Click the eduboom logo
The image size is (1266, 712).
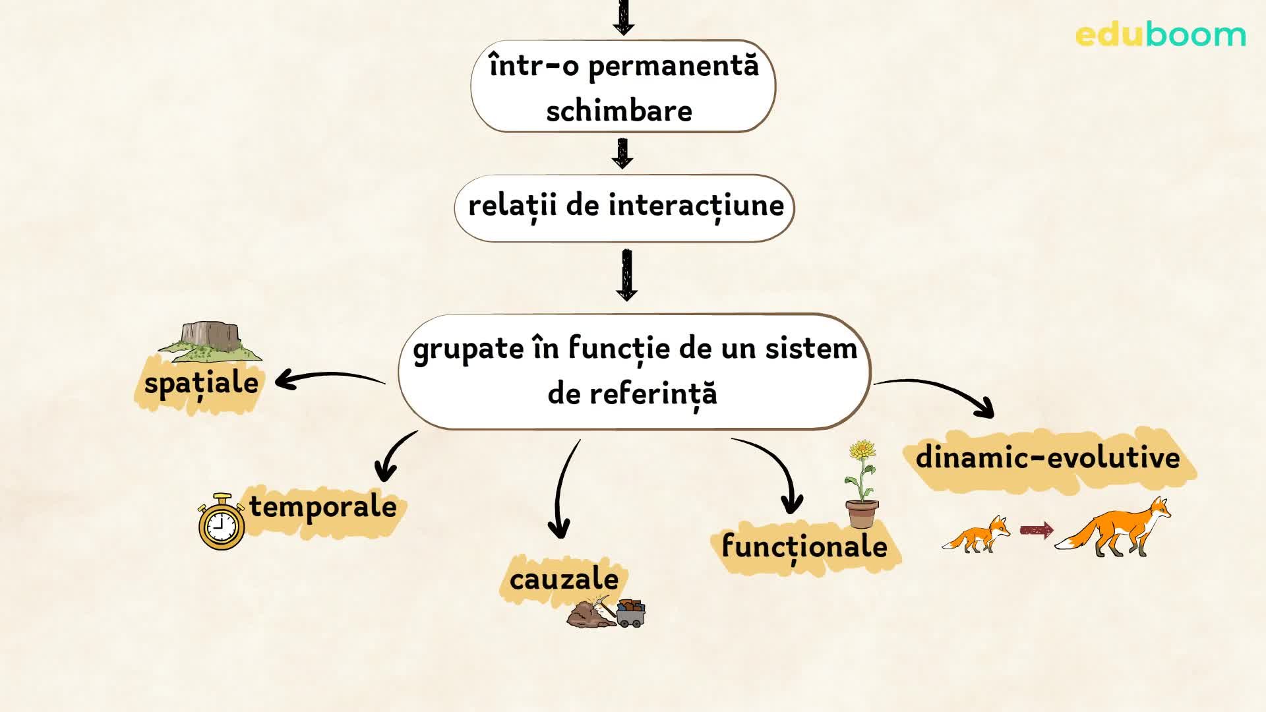pyautogui.click(x=1160, y=34)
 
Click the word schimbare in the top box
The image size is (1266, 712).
pyautogui.click(x=619, y=111)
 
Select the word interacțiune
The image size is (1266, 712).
pyautogui.click(x=696, y=206)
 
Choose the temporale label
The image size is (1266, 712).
pyautogui.click(x=323, y=507)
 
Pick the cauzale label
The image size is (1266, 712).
pyautogui.click(x=564, y=579)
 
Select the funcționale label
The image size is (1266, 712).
pyautogui.click(x=804, y=547)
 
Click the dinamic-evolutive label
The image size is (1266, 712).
pyautogui.click(x=1048, y=458)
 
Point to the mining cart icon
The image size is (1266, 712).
pyautogui.click(x=630, y=613)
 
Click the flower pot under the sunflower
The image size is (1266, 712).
pyautogui.click(x=862, y=514)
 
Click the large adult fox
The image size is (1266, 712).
pyautogui.click(x=1114, y=527)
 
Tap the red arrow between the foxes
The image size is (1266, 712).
pyautogui.click(x=1036, y=530)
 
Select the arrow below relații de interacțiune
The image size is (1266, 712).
pyautogui.click(x=626, y=274)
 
